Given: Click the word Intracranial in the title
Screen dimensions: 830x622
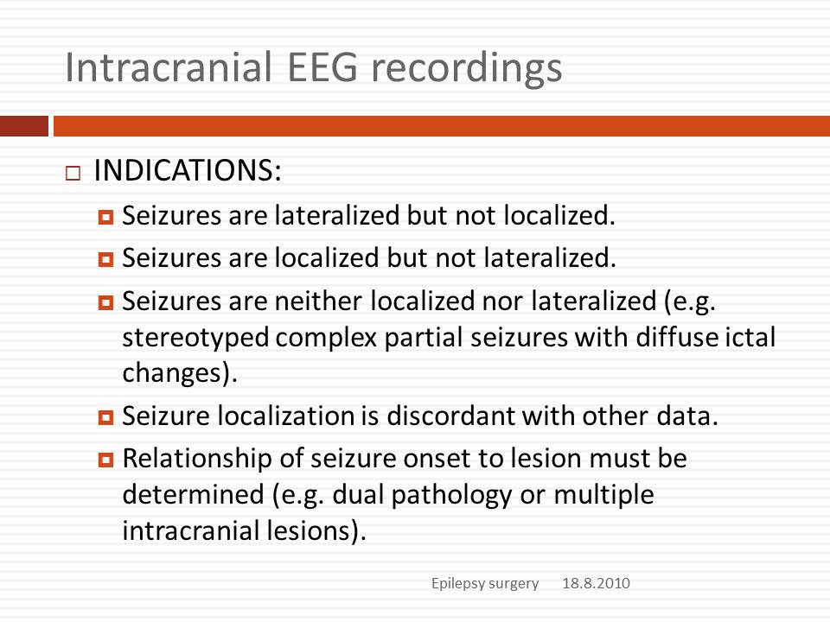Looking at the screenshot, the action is [169, 67].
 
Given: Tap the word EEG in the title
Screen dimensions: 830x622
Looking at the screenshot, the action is [322, 67].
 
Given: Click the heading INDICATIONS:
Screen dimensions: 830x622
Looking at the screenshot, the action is [188, 170].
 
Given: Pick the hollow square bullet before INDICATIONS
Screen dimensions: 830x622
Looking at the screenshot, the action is [73, 174].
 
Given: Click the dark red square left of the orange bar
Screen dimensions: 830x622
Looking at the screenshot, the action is [24, 126].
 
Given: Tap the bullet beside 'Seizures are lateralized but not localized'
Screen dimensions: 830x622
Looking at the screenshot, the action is [105, 217].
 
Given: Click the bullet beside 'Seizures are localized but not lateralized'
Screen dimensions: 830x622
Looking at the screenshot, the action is [105, 259].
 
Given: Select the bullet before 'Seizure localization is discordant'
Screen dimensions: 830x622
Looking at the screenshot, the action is [105, 417].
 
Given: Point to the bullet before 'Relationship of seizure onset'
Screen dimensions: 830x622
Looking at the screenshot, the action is [105, 460].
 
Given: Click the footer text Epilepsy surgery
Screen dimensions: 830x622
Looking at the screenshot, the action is [485, 583].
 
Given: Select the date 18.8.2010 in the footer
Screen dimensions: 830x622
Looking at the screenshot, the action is [596, 583].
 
